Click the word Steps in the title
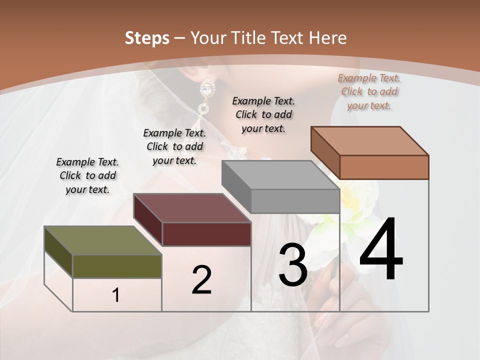(147, 38)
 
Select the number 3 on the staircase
(293, 265)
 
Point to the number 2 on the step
(201, 280)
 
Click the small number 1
(116, 295)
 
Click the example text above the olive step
(87, 175)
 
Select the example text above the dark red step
(174, 146)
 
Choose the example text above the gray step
(263, 114)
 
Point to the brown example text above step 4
(369, 91)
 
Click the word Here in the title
(327, 38)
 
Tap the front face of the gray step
(295, 201)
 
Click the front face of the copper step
(384, 167)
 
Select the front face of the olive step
(117, 266)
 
